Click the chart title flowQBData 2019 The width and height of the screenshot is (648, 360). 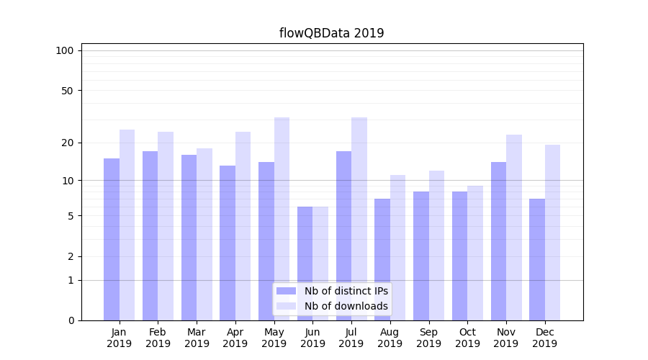pyautogui.click(x=331, y=33)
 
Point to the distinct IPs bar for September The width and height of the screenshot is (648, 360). pyautogui.click(x=421, y=256)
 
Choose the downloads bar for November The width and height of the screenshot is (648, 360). pyautogui.click(x=513, y=228)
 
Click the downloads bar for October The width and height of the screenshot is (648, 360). pyautogui.click(x=475, y=253)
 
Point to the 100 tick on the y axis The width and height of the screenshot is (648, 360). pyautogui.click(x=65, y=50)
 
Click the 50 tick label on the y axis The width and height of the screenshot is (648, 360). pyautogui.click(x=68, y=91)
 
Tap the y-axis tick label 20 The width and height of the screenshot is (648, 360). pyautogui.click(x=68, y=143)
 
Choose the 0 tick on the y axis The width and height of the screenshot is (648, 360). pyautogui.click(x=71, y=320)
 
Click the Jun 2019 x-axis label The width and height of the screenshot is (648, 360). pyautogui.click(x=312, y=338)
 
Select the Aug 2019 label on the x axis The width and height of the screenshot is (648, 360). pyautogui.click(x=390, y=338)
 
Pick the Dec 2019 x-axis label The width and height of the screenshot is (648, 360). pyautogui.click(x=544, y=338)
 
